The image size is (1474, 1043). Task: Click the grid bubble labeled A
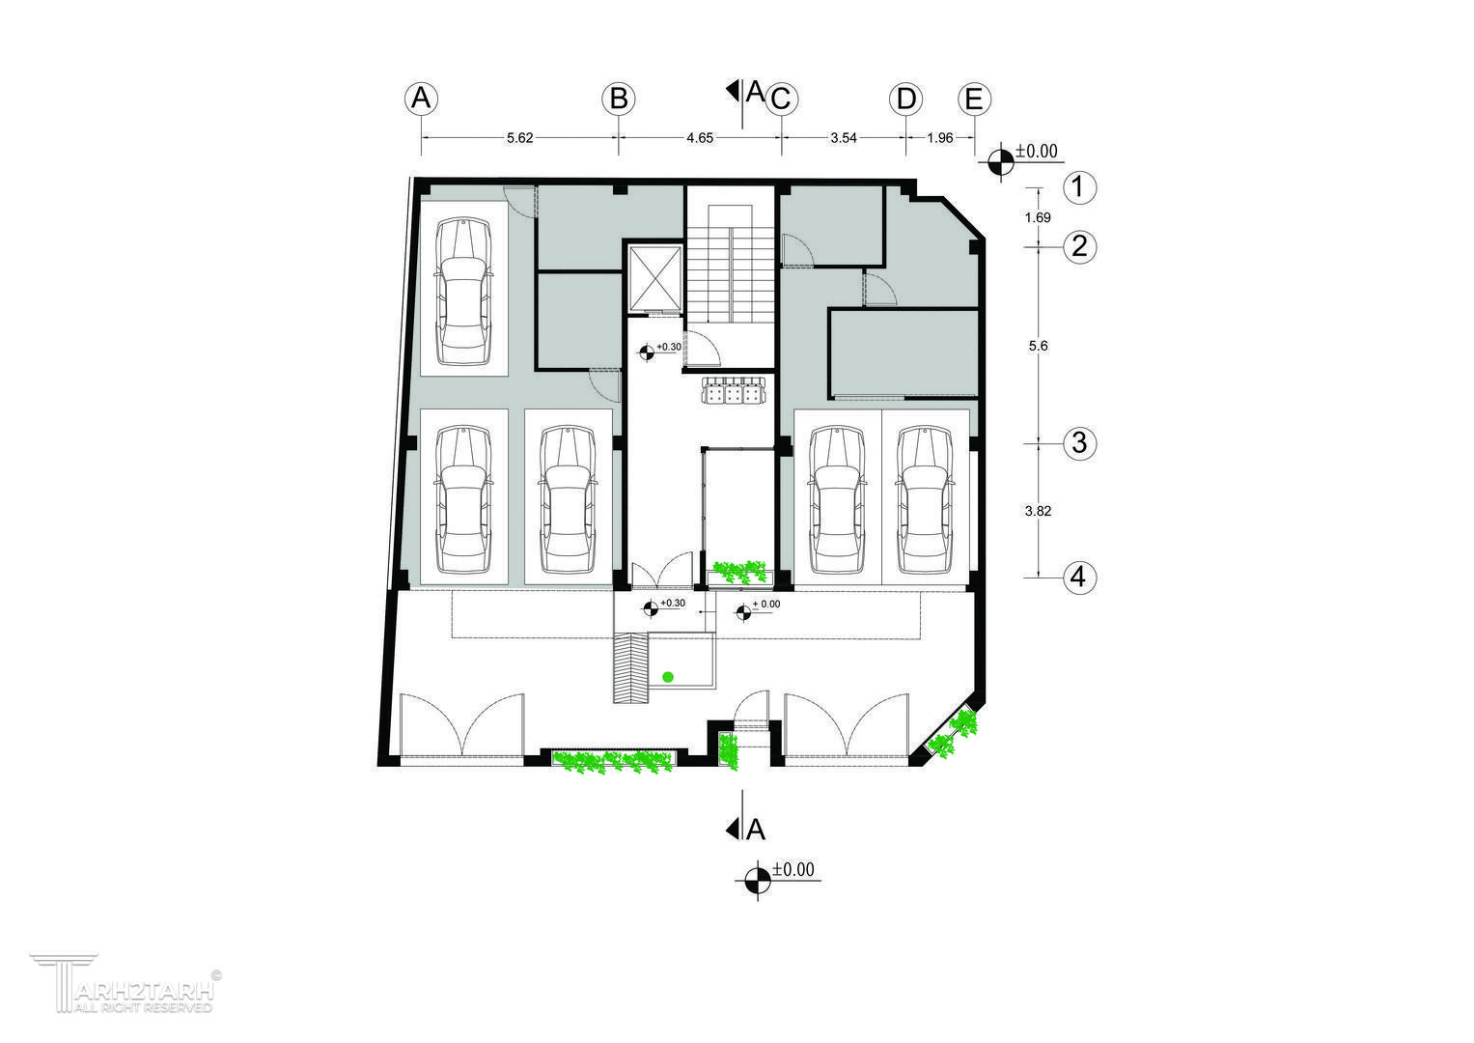point(421,99)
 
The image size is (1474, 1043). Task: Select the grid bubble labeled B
point(619,99)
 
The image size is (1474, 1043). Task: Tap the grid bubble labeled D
point(906,99)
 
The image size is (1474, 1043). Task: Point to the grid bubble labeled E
point(974,99)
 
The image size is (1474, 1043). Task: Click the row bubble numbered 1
point(1080,187)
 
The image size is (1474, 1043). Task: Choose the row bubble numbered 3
point(1080,443)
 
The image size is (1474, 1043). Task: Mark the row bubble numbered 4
point(1080,578)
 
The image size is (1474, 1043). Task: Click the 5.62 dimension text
point(520,138)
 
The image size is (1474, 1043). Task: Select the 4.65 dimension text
point(700,138)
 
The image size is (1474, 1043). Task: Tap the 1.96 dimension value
point(939,138)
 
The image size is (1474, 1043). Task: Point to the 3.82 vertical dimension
point(1038,511)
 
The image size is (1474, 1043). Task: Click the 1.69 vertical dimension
point(1038,218)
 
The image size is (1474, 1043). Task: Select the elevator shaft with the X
point(654,278)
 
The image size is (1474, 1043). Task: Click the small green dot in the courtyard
point(668,677)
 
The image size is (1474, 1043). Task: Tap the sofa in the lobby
point(734,390)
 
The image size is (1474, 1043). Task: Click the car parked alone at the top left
point(464,293)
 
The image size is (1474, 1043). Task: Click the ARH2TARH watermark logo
point(125,984)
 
